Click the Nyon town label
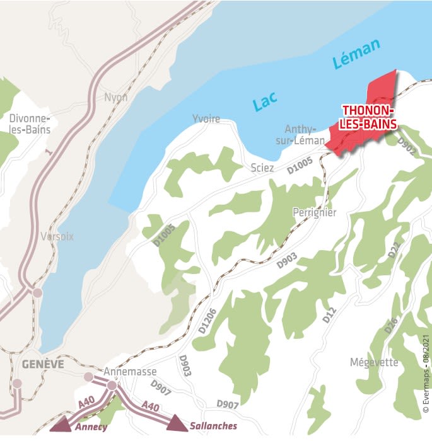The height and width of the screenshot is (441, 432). [116, 98]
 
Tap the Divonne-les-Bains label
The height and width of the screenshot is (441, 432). [30, 123]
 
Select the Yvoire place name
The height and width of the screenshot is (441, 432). [206, 119]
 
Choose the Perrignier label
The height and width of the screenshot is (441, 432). [315, 213]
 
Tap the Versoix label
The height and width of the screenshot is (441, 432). [57, 237]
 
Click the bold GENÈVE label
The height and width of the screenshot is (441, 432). [42, 364]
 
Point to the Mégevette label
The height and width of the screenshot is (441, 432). [373, 362]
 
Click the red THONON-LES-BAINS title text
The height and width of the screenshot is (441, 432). [370, 117]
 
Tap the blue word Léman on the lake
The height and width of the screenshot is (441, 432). [356, 55]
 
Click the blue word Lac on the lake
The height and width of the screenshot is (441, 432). [266, 101]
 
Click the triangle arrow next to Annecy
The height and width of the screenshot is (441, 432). [61, 424]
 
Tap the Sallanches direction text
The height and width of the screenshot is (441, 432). [213, 426]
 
